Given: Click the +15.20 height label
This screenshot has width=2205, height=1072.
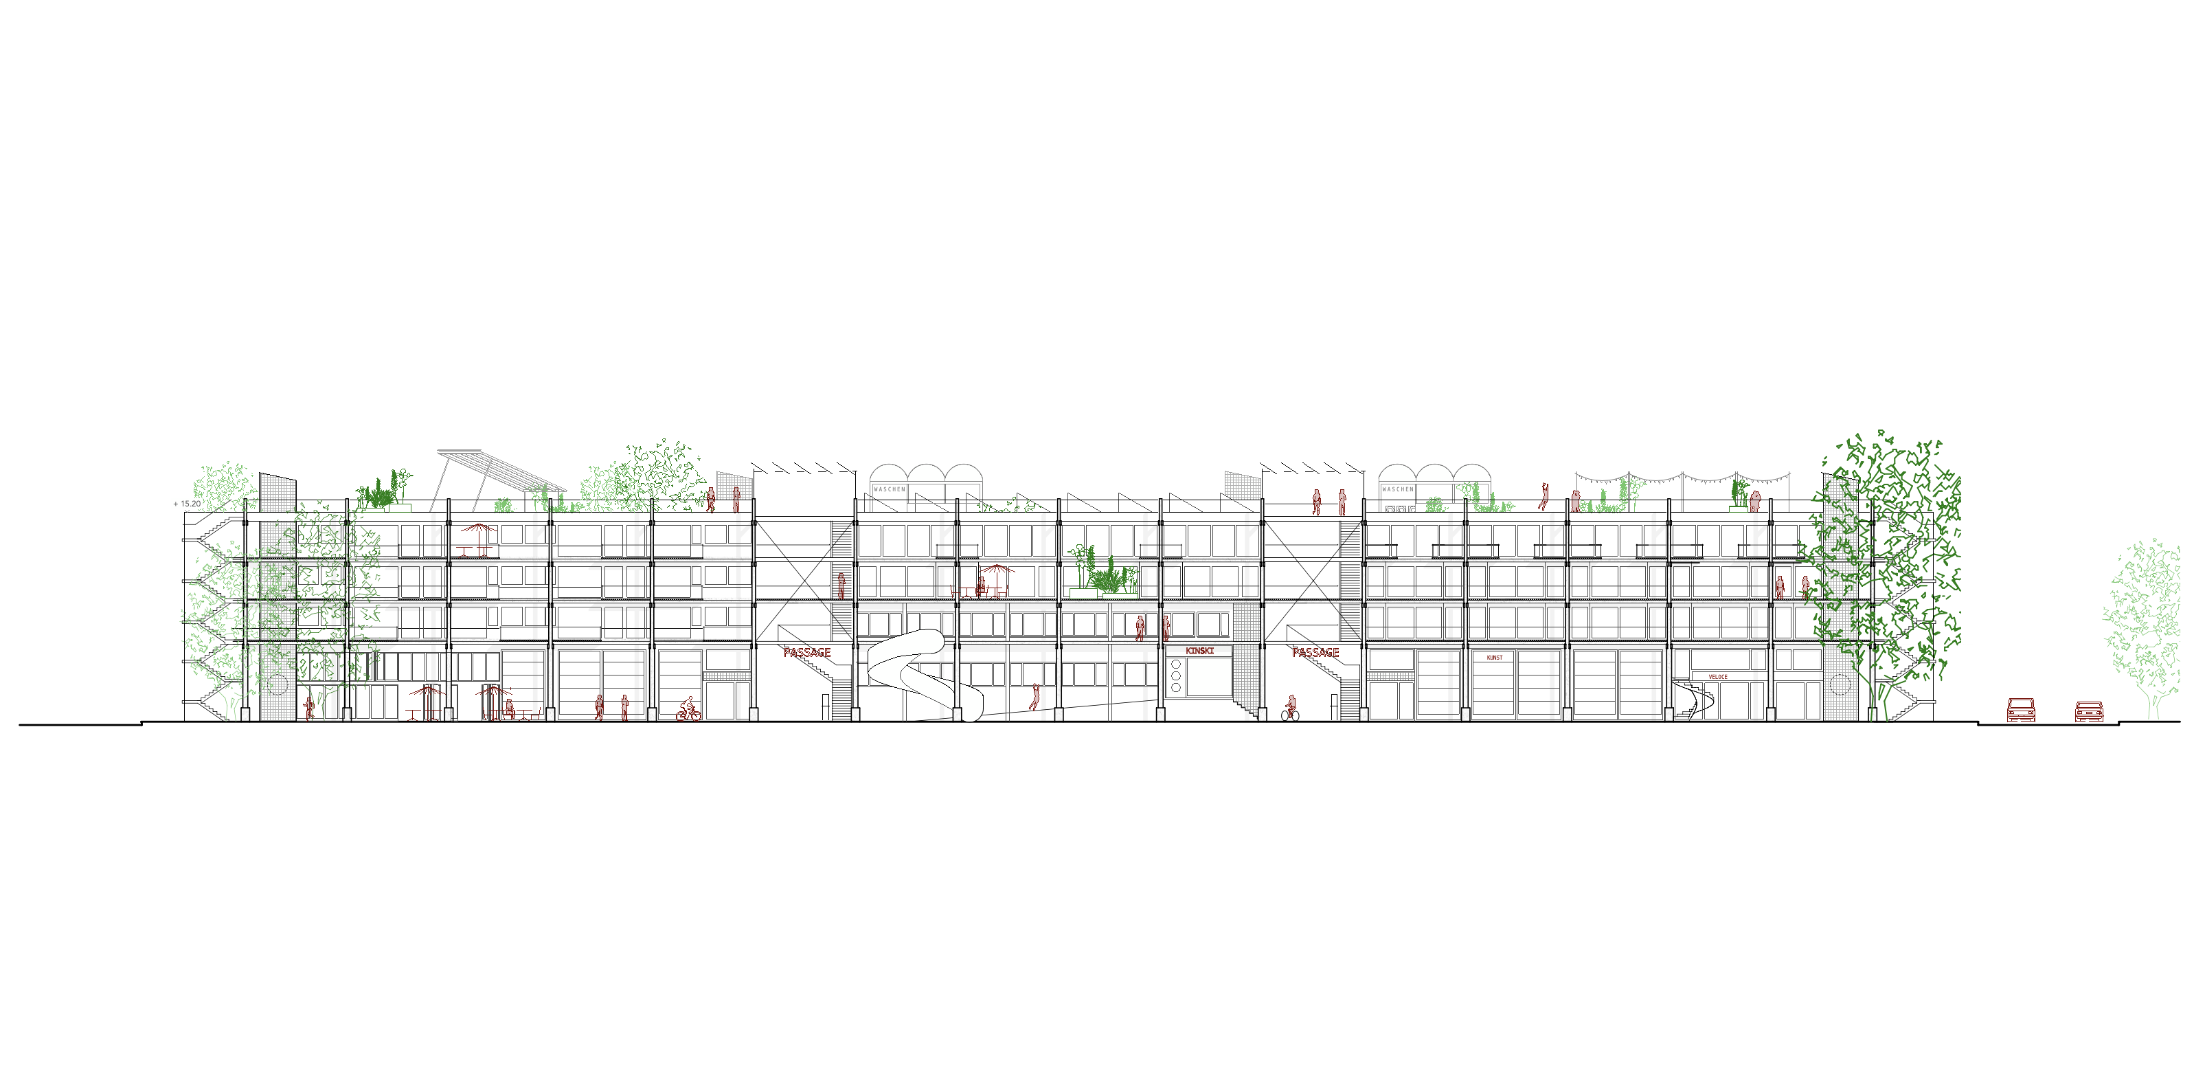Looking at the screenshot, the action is (x=188, y=504).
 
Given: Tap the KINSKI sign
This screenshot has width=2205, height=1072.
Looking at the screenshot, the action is (x=1199, y=651).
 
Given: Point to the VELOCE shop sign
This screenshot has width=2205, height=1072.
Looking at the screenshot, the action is (x=1718, y=676).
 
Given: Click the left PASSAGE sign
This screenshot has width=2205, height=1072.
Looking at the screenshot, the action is (x=806, y=652).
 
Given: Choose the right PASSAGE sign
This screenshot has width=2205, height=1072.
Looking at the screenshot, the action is (x=1315, y=652).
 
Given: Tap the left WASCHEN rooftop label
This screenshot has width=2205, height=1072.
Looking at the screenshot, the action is (x=888, y=489).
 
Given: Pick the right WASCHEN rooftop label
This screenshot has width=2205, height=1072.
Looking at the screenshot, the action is (x=1397, y=489).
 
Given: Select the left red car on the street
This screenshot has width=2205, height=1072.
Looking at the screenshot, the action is (x=2021, y=710).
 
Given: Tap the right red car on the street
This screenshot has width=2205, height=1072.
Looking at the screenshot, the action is (x=2089, y=711).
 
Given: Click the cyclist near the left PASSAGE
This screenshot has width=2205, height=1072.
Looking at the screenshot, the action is (x=688, y=711).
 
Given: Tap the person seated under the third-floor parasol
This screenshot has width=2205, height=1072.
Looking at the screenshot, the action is (x=982, y=587).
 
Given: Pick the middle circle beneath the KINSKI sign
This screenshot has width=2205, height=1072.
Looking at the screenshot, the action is (x=1176, y=675).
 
